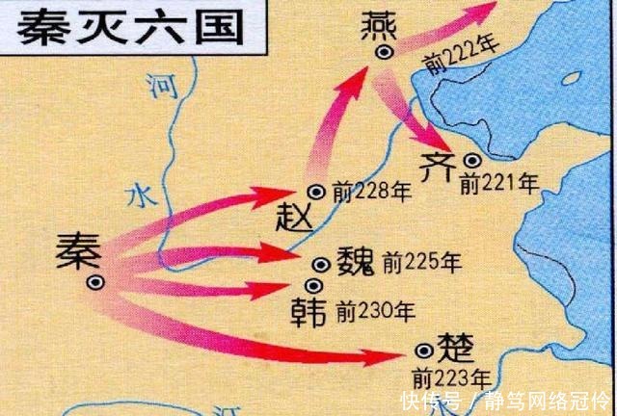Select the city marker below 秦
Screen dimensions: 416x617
click(x=94, y=282)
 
